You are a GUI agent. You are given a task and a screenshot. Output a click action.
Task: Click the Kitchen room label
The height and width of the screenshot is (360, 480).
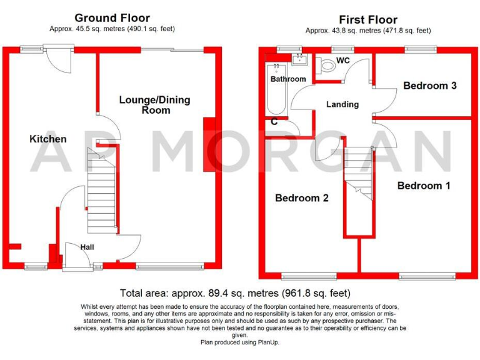point(48,139)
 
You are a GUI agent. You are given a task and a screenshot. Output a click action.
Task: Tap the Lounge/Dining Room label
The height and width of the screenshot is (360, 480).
point(154,105)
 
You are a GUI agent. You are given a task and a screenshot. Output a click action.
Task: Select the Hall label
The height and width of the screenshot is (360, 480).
point(87,247)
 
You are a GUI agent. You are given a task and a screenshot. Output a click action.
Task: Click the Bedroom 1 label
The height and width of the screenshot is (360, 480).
point(423,186)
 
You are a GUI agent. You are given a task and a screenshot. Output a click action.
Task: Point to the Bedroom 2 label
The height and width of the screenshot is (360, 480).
point(302,198)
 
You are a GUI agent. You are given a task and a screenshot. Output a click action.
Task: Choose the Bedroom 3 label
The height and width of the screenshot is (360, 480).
point(429,86)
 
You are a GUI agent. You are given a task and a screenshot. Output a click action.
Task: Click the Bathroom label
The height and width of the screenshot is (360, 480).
point(288,79)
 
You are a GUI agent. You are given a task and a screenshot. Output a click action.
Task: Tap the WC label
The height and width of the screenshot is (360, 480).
point(342,61)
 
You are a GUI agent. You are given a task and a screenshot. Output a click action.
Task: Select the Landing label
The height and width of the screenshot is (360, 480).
point(342,104)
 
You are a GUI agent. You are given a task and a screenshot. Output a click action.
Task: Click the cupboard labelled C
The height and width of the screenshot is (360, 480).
point(274,122)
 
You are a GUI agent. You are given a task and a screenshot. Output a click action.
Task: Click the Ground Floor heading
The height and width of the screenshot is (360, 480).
point(112,18)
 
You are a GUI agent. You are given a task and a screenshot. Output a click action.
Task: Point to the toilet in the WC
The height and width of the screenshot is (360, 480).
point(326,65)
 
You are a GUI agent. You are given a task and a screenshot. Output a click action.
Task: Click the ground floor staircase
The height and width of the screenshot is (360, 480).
point(101,191)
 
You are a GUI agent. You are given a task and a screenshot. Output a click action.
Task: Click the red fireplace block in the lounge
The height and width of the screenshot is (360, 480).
point(209,144)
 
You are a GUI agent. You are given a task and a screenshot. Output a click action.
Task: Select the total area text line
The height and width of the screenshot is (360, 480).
point(235,292)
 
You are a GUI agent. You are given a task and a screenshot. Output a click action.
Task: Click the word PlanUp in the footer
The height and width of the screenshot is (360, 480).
point(265,342)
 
